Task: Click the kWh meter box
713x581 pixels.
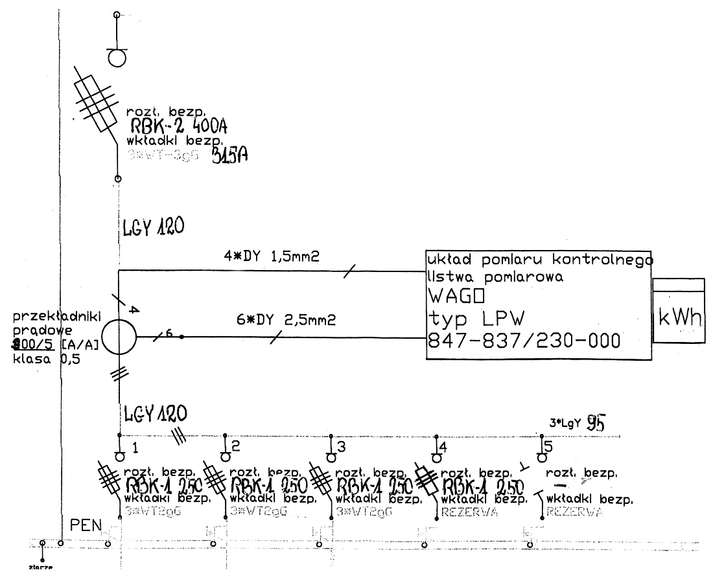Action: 679,310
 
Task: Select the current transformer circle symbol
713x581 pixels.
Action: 119,337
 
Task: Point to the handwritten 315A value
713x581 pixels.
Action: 231,157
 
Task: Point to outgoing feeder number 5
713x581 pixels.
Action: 548,446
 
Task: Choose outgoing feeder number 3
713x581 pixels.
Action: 341,446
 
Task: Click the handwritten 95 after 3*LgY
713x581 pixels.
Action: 596,424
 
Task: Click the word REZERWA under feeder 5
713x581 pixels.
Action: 575,512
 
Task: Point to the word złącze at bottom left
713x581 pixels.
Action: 41,567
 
